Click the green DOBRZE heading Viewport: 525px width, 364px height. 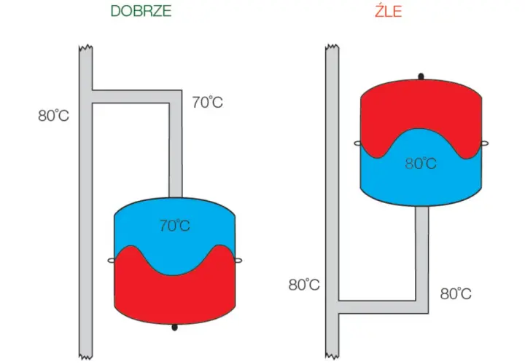pyautogui.click(x=141, y=11)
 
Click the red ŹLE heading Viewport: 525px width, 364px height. pyautogui.click(x=389, y=11)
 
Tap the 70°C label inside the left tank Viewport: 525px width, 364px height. pyautogui.click(x=175, y=226)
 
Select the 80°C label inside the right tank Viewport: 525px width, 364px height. pyautogui.click(x=421, y=163)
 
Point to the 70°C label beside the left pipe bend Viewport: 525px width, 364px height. pyautogui.click(x=208, y=102)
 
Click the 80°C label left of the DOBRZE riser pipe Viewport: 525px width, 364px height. pyautogui.click(x=53, y=115)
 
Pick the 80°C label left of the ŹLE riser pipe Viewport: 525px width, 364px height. pyautogui.click(x=304, y=285)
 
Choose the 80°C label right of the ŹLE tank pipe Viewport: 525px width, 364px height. pyautogui.click(x=456, y=294)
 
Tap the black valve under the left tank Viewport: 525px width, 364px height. pyautogui.click(x=174, y=327)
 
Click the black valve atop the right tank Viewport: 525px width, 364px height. pyautogui.click(x=421, y=76)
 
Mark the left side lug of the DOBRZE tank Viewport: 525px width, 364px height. pyautogui.click(x=111, y=260)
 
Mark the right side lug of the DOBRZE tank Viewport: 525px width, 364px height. pyautogui.click(x=238, y=260)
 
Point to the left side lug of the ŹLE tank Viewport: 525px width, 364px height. pyautogui.click(x=357, y=143)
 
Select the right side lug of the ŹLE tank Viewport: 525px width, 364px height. pyautogui.click(x=484, y=143)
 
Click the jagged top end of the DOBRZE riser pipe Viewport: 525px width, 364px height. pyautogui.click(x=86, y=47)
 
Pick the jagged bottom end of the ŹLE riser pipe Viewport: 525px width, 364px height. pyautogui.click(x=332, y=356)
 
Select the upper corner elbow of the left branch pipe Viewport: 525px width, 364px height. pyautogui.click(x=176, y=97)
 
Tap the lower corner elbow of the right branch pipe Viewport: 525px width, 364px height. pyautogui.click(x=422, y=307)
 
